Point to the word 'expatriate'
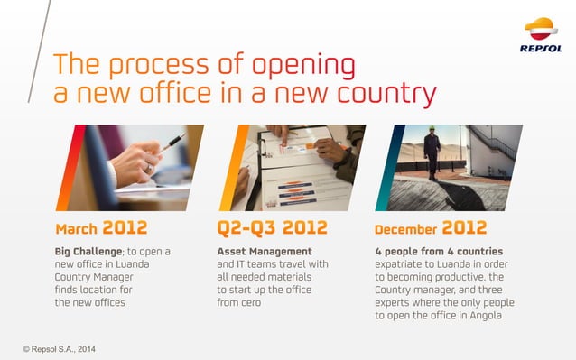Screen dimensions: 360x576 pyautogui.click(x=400, y=263)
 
